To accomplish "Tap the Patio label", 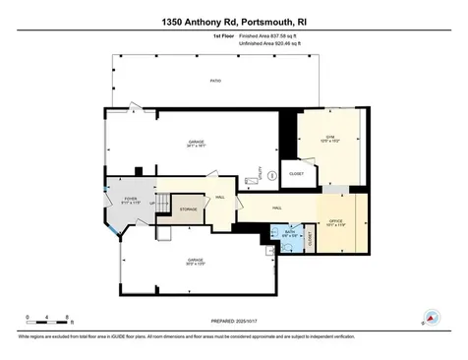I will [x=214, y=82].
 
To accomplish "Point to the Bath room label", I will [x=289, y=234].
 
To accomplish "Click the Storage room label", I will [x=186, y=210].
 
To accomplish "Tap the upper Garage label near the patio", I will [x=197, y=144].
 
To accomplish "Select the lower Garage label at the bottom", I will [x=197, y=261].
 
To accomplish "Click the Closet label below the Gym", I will [x=296, y=175].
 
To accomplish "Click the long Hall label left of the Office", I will [x=278, y=208].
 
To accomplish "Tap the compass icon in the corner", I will [x=429, y=318].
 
